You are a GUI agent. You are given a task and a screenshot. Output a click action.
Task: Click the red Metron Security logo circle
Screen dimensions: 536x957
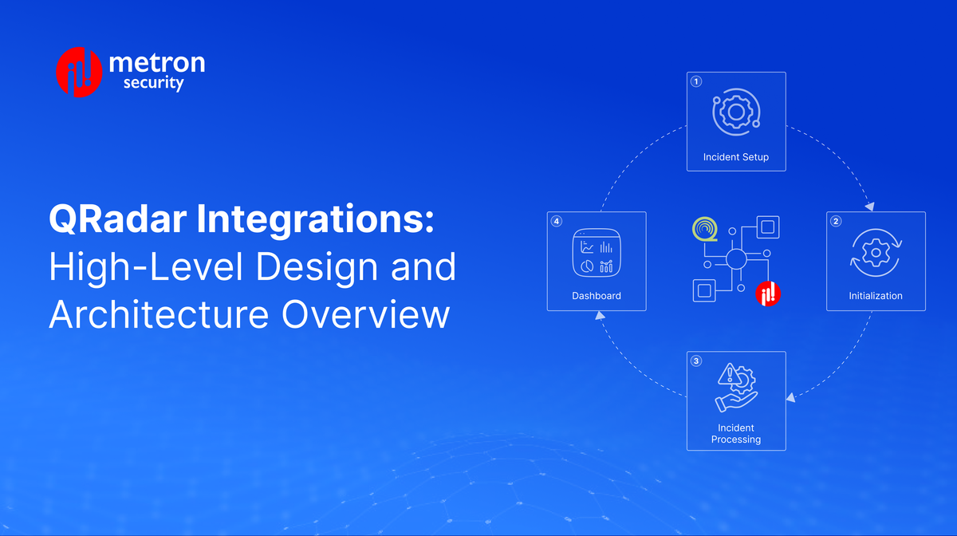coord(78,73)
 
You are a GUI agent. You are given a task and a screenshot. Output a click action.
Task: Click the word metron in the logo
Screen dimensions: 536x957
coord(156,63)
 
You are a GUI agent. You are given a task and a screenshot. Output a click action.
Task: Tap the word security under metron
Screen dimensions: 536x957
coord(154,83)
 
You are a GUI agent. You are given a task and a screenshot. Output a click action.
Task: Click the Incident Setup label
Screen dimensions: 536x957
coord(736,157)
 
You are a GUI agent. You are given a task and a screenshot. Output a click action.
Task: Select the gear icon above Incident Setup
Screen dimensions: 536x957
coord(736,113)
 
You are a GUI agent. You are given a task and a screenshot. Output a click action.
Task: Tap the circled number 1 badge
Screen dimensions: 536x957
coord(695,81)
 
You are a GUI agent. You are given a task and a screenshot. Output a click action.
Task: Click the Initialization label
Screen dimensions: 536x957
coord(876,296)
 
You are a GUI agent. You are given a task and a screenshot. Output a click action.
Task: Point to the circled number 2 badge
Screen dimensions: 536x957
coord(835,221)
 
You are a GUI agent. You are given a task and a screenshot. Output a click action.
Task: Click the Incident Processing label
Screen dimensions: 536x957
coord(736,434)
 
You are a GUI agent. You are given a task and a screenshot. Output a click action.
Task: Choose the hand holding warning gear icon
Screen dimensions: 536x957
coord(736,388)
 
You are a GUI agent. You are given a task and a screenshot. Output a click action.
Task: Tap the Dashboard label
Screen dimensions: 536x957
coord(597,296)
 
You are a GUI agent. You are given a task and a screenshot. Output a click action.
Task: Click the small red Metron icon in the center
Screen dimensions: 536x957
coord(768,293)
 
